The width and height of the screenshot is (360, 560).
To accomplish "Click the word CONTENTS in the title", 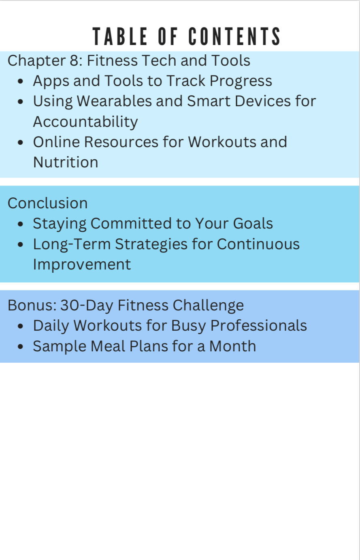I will [x=234, y=37].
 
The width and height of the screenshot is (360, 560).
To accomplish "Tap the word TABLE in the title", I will [x=120, y=37].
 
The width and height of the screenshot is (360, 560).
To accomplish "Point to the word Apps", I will [x=51, y=81].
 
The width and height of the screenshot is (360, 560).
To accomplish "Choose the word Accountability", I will [x=85, y=122].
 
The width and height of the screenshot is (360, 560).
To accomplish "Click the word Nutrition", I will [x=66, y=162].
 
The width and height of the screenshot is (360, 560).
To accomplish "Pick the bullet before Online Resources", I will [x=21, y=143].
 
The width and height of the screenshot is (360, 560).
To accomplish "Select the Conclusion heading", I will [x=47, y=203].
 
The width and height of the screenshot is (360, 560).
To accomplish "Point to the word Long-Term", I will [x=72, y=244].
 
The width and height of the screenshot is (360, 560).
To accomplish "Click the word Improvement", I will [x=82, y=265].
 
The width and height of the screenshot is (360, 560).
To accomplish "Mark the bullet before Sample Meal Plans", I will [x=21, y=347].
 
